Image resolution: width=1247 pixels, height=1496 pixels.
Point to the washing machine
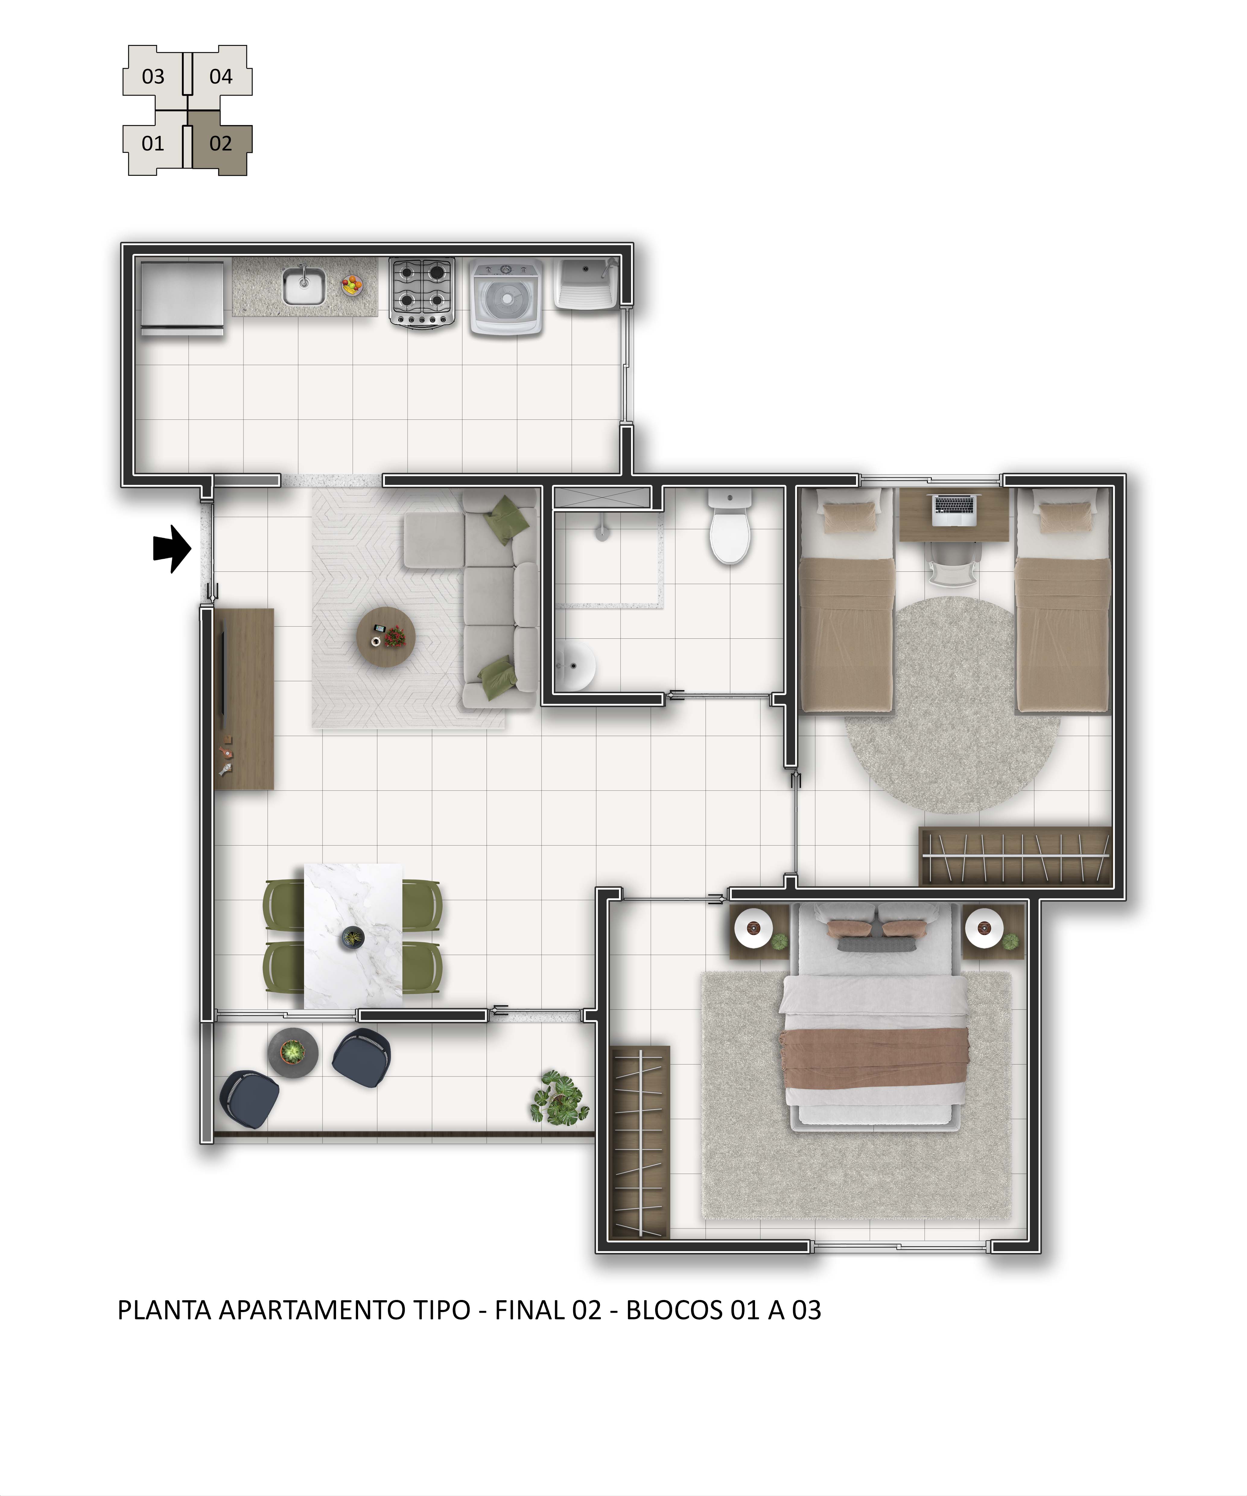(x=506, y=296)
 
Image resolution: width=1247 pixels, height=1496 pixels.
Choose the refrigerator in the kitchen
(x=182, y=298)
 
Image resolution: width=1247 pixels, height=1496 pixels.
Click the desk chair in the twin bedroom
(x=953, y=566)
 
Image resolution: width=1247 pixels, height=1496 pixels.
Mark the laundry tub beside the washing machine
(x=586, y=283)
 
